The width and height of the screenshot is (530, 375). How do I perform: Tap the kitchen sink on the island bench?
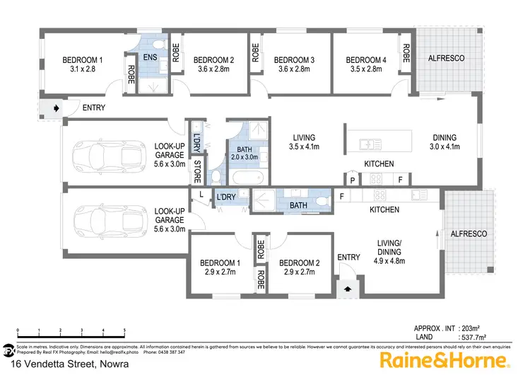(370, 145)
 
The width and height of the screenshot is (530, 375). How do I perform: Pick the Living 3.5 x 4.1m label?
(305, 142)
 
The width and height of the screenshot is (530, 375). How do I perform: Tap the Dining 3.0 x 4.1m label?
(445, 142)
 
